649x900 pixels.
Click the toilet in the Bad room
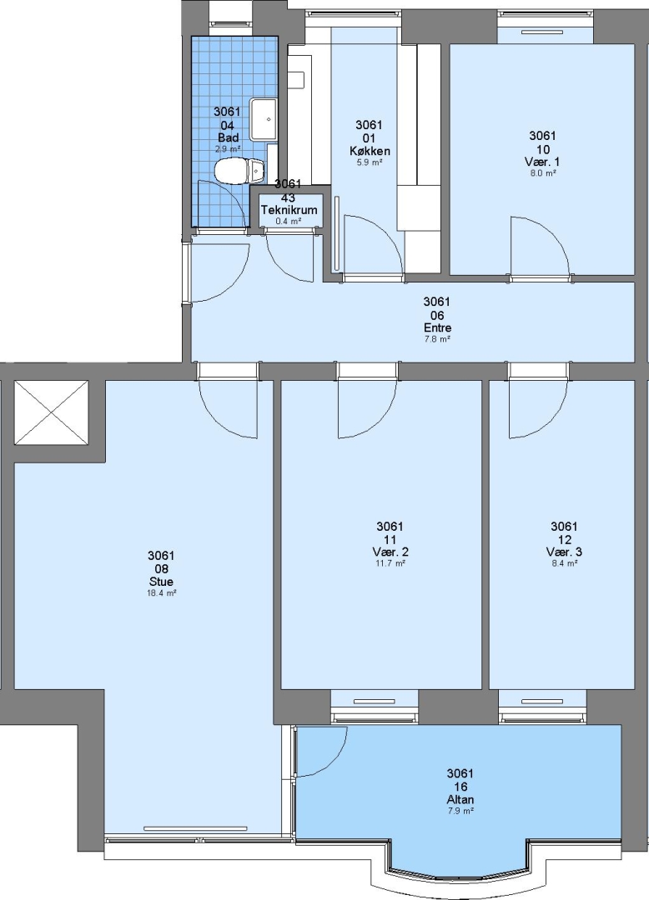coord(239,171)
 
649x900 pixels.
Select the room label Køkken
coord(370,151)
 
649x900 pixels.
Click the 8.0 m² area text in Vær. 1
coord(542,172)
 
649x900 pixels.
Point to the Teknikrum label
coord(289,209)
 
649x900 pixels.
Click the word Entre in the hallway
coord(437,327)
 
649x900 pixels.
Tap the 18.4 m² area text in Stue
coord(161,593)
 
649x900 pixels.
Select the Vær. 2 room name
coord(390,552)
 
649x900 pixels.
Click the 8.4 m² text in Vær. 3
coord(564,563)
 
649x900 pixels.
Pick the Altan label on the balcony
coord(460,799)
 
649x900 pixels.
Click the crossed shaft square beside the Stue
coord(52,412)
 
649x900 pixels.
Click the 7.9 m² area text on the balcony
coord(460,811)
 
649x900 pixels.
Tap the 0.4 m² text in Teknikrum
coord(289,220)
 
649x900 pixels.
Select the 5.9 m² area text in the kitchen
coord(370,162)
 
